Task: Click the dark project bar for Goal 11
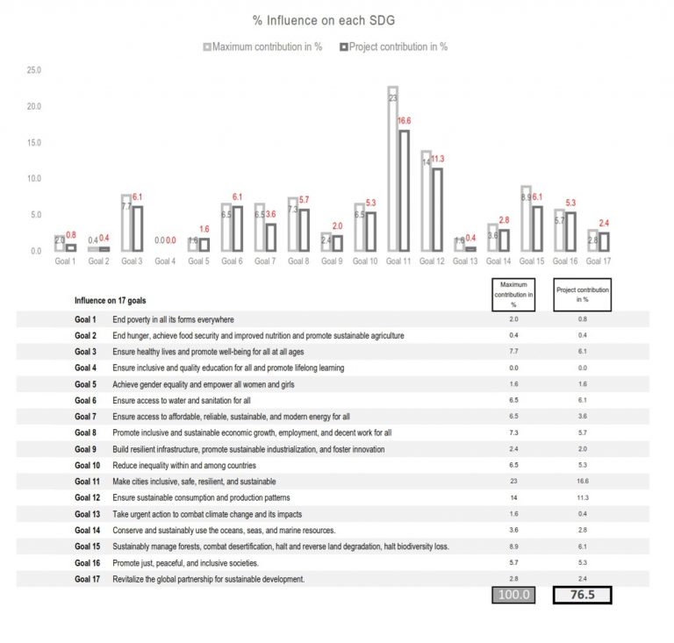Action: (403, 190)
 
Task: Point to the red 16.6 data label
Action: (405, 122)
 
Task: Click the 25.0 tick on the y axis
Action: (34, 70)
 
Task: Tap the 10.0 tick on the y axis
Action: (34, 179)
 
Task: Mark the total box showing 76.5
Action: (582, 597)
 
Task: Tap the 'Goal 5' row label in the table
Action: (86, 384)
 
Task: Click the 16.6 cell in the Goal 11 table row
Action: (581, 482)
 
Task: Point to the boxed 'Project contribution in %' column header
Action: (582, 295)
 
